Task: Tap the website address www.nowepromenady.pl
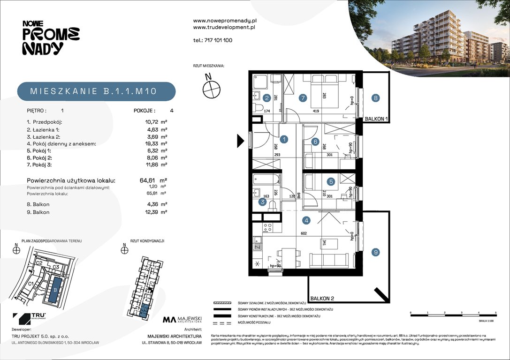(x=224, y=21)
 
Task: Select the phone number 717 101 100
(x=213, y=40)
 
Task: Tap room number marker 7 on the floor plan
(x=303, y=98)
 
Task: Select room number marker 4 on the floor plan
(x=306, y=220)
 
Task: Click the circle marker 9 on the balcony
(x=375, y=253)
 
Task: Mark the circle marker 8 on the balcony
(x=375, y=98)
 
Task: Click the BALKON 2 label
(x=322, y=298)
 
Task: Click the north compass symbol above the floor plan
(x=211, y=87)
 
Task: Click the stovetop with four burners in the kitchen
(x=268, y=228)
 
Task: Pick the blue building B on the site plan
(x=55, y=289)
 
